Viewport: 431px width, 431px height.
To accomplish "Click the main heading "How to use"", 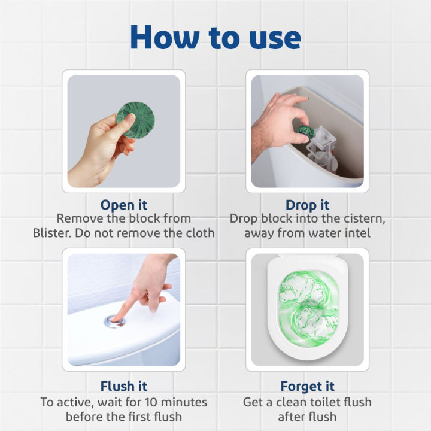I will pyautogui.click(x=215, y=37).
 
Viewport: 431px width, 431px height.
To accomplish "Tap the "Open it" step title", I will pyautogui.click(x=123, y=205).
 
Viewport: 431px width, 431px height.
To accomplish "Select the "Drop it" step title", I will pyautogui.click(x=307, y=205).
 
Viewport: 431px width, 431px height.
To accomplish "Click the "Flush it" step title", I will pyautogui.click(x=123, y=386).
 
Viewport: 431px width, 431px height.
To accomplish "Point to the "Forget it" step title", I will pyautogui.click(x=307, y=386).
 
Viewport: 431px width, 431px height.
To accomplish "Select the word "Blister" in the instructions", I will pyautogui.click(x=53, y=233).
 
